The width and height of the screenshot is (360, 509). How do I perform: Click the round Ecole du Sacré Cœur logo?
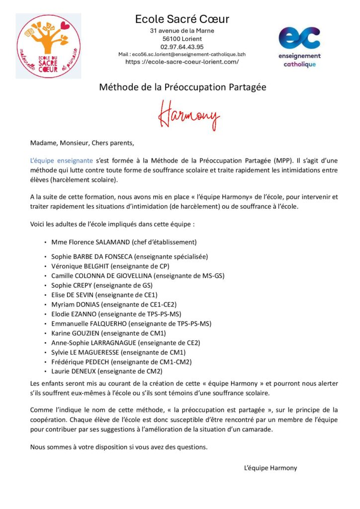48,46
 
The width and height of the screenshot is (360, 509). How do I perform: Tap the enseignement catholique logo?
299,47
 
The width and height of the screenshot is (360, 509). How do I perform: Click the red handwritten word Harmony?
188,115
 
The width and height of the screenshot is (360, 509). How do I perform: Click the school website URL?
182,62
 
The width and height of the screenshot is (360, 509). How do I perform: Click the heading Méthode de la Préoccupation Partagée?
182,87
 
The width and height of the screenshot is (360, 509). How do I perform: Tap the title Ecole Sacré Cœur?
182,19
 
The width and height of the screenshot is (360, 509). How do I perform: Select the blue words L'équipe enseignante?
61,161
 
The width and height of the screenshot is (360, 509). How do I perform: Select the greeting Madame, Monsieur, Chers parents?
82,144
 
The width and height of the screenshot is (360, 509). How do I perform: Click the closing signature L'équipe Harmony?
270,468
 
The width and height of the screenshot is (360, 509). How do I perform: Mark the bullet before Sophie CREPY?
45,285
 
